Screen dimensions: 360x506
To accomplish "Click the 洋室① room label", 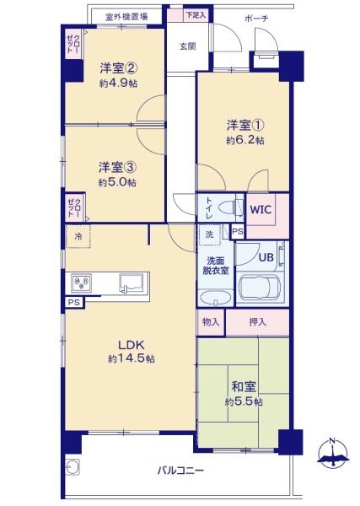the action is click(245, 125).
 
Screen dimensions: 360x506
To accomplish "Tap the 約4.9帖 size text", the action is click(118, 83).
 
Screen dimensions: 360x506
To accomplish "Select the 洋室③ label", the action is click(117, 168).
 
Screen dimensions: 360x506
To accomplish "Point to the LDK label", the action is click(131, 345).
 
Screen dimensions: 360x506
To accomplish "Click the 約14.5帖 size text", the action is click(131, 358).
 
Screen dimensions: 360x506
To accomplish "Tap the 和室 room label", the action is click(244, 386).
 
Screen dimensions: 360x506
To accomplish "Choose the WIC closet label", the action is click(261, 210).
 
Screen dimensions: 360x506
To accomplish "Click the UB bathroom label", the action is click(266, 257).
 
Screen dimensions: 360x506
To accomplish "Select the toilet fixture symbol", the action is click(230, 207).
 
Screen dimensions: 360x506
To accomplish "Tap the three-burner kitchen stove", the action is click(81, 283).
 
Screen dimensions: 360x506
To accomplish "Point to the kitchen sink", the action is click(131, 283).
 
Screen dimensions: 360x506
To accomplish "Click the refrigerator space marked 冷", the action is click(78, 236).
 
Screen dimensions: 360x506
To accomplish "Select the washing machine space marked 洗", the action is click(209, 234).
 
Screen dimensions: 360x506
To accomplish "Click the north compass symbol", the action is click(333, 452).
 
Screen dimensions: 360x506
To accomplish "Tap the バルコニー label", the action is click(180, 471).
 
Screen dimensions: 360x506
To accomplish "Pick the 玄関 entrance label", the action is click(187, 46).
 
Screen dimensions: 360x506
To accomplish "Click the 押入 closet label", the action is click(257, 322).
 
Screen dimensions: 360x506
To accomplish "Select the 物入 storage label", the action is click(211, 321).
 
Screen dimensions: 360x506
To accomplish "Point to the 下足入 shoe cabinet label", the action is click(196, 15).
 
